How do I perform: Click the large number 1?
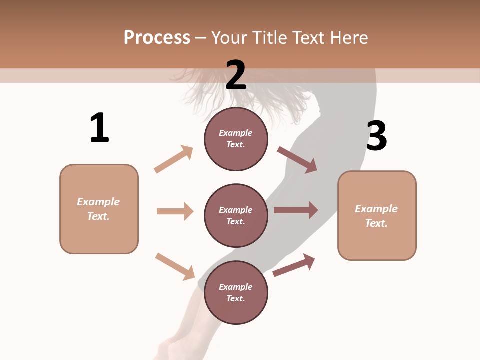click(x=99, y=128)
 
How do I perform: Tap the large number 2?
click(x=236, y=75)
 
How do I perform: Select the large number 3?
click(x=376, y=136)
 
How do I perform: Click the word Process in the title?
click(x=157, y=37)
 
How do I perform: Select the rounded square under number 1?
click(x=99, y=209)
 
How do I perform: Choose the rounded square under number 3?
click(x=377, y=215)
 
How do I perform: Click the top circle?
click(x=236, y=139)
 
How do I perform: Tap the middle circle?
click(x=236, y=215)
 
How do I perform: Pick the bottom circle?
click(x=236, y=292)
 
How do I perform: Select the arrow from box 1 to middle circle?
click(x=175, y=211)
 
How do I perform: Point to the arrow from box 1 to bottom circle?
click(x=175, y=266)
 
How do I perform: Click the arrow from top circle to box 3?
click(x=297, y=160)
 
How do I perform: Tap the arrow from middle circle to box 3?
click(x=296, y=210)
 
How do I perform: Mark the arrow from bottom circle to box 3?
click(x=294, y=265)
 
